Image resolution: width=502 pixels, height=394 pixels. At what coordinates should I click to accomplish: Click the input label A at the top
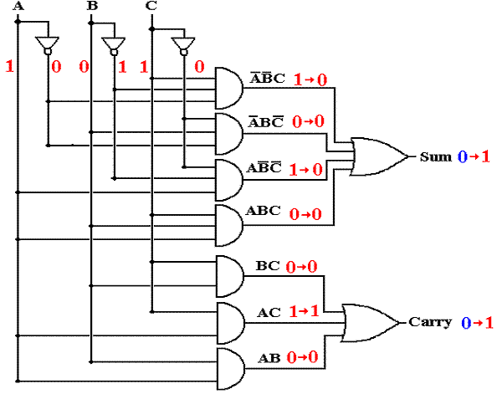pyautogui.click(x=18, y=6)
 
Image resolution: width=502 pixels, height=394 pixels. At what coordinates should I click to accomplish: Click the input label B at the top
pyautogui.click(x=92, y=6)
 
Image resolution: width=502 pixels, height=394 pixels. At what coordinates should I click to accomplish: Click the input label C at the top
pyautogui.click(x=151, y=6)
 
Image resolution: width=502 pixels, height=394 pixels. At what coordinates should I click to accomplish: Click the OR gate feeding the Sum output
pyautogui.click(x=378, y=156)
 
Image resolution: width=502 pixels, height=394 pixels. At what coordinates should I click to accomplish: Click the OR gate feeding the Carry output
pyautogui.click(x=369, y=323)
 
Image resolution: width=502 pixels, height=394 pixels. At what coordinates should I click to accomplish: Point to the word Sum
pyautogui.click(x=436, y=156)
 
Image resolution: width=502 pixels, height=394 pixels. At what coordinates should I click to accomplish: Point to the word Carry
pyautogui.click(x=430, y=322)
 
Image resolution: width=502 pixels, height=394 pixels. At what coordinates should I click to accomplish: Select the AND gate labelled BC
pyautogui.click(x=229, y=276)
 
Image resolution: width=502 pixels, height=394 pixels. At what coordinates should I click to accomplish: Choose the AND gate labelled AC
pyautogui.click(x=231, y=323)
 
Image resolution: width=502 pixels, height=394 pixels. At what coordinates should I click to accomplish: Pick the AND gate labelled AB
pyautogui.click(x=231, y=369)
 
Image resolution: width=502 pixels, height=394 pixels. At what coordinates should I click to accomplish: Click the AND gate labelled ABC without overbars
pyautogui.click(x=229, y=226)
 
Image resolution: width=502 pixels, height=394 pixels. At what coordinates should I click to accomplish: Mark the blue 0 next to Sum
pyautogui.click(x=463, y=156)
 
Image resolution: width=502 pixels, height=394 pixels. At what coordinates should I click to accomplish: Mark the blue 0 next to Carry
pyautogui.click(x=466, y=323)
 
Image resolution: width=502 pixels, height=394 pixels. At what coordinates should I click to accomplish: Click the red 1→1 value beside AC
pyautogui.click(x=305, y=311)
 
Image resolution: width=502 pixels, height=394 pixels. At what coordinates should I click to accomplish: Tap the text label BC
pyautogui.click(x=268, y=266)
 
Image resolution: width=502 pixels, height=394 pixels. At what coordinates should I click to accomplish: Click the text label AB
pyautogui.click(x=269, y=358)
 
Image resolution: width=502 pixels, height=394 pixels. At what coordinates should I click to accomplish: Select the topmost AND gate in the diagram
pyautogui.click(x=229, y=89)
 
